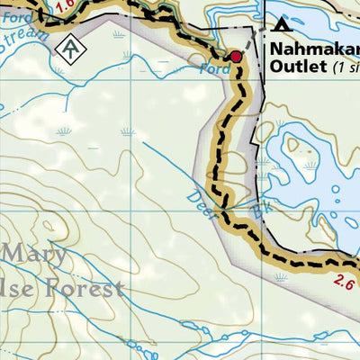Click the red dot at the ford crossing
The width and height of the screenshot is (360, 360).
click(236, 57)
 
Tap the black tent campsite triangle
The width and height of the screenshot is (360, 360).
click(284, 23)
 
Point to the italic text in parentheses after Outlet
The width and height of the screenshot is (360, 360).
click(346, 67)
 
